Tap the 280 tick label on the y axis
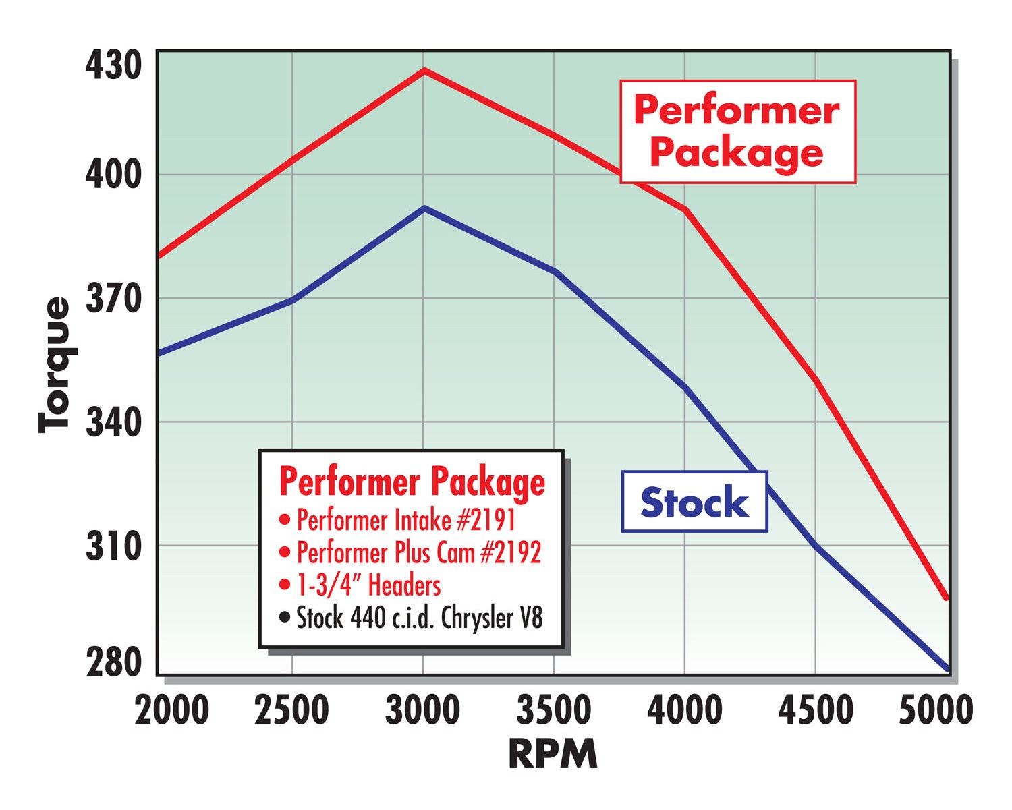(x=113, y=664)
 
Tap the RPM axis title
(x=553, y=753)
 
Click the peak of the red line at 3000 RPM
(x=424, y=70)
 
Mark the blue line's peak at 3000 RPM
(x=424, y=208)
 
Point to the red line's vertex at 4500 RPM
(x=816, y=381)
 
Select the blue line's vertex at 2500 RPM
(x=292, y=300)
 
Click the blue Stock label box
(x=694, y=502)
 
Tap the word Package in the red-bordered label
(x=737, y=152)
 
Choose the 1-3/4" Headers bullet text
(x=368, y=585)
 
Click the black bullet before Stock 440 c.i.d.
(x=285, y=617)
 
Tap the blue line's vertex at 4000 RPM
(x=685, y=387)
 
